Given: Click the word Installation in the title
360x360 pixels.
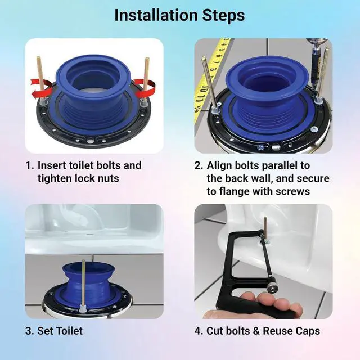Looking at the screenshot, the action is click(156, 15).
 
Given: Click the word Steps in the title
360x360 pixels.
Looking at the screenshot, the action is click(223, 16).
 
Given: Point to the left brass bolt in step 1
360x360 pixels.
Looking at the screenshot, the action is click(40, 78).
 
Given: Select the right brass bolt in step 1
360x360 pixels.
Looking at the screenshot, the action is click(145, 80).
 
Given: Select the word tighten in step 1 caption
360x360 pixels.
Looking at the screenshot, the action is click(55, 178).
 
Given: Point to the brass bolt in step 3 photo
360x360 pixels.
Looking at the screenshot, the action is click(83, 286).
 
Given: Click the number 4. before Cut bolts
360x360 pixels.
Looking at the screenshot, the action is click(199, 331).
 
